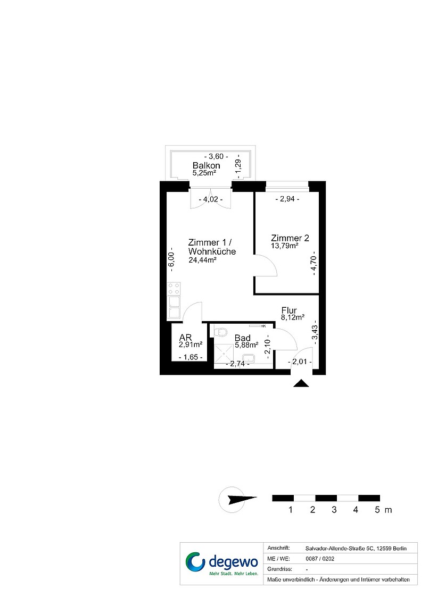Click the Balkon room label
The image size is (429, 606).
point(206,165)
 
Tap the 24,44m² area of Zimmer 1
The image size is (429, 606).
point(202,260)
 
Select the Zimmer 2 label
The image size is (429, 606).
point(290,238)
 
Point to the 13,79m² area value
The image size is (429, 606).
point(284,246)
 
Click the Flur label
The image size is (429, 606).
point(289,310)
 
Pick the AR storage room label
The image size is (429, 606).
point(186,338)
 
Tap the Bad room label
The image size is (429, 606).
point(243,338)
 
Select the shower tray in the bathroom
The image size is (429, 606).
point(224,353)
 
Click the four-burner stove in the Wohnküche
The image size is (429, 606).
point(174,289)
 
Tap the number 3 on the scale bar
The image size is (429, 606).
point(334,510)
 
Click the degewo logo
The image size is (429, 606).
point(222,563)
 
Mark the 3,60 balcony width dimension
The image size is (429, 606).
point(216,156)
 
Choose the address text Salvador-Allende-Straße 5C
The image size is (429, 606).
point(339,549)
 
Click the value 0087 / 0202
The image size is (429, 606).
point(320,559)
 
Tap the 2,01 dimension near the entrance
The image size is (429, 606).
point(300,362)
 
